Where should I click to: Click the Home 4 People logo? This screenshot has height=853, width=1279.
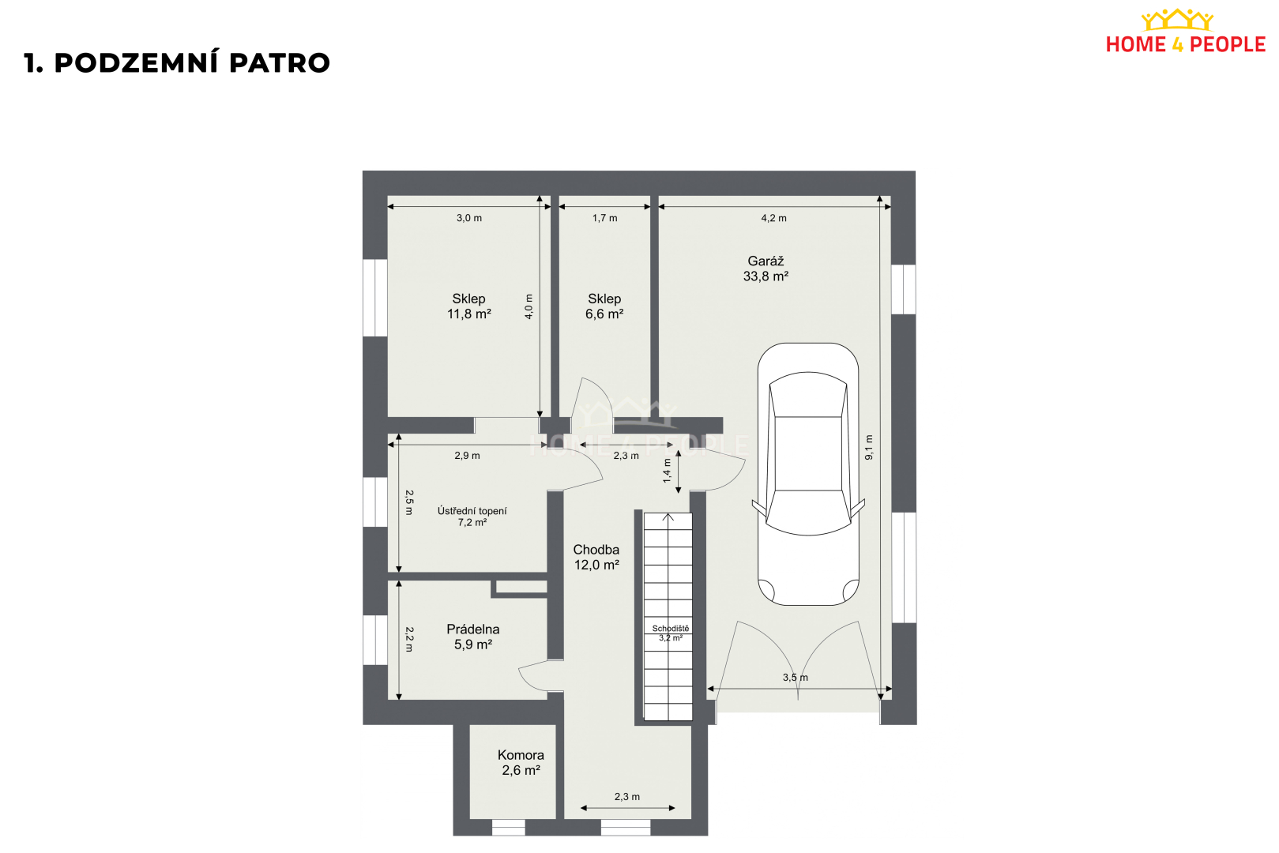[1185, 32]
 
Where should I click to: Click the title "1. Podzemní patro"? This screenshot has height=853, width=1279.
[177, 63]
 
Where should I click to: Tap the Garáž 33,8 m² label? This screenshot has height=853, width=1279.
[766, 269]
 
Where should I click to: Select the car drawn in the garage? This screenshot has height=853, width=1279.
[808, 474]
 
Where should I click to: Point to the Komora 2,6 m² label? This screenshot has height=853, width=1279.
[521, 763]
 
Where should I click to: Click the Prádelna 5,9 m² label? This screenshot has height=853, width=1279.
[472, 637]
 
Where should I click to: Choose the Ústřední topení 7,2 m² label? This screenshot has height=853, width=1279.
[472, 516]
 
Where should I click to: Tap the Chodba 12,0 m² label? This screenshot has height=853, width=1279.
[596, 558]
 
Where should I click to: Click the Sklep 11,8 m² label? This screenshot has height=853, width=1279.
[468, 306]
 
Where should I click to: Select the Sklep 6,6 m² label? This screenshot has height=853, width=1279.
[604, 306]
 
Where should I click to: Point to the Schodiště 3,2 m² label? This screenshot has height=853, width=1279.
[671, 633]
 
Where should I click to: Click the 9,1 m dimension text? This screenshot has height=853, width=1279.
[869, 447]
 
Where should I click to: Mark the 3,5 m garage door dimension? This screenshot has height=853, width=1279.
[796, 678]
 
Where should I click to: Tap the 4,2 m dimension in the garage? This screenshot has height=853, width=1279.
[773, 218]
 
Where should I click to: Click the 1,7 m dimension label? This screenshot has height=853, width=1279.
[604, 218]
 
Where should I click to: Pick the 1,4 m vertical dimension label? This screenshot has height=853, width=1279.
[667, 471]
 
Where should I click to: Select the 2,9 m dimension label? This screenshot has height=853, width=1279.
[467, 456]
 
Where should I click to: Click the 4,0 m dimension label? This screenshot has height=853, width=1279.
[529, 306]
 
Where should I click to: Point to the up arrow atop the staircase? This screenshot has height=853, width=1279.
[668, 517]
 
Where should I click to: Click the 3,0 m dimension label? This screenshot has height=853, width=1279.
[468, 218]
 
